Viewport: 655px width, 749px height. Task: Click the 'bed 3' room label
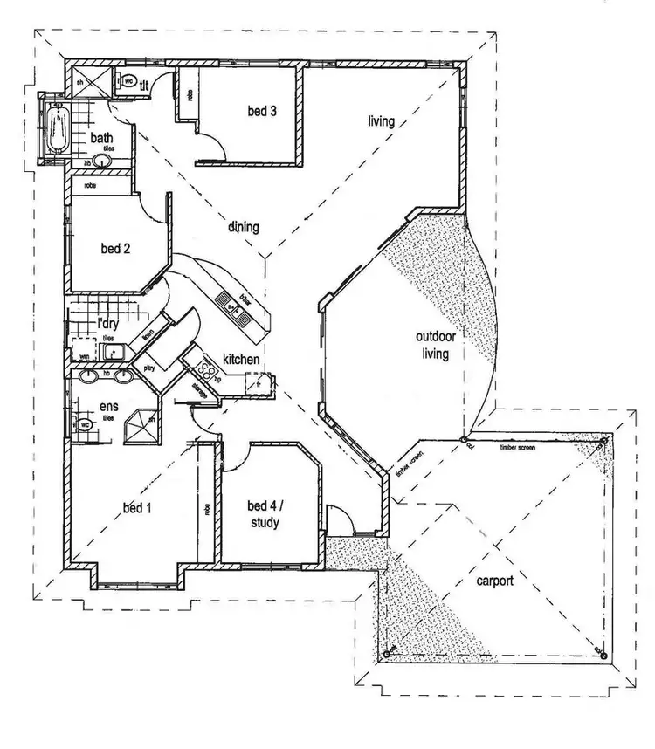click(x=262, y=111)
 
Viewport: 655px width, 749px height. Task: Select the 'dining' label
click(x=244, y=228)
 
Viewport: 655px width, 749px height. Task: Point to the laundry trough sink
click(x=112, y=352)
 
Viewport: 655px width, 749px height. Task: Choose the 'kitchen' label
click(x=239, y=359)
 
